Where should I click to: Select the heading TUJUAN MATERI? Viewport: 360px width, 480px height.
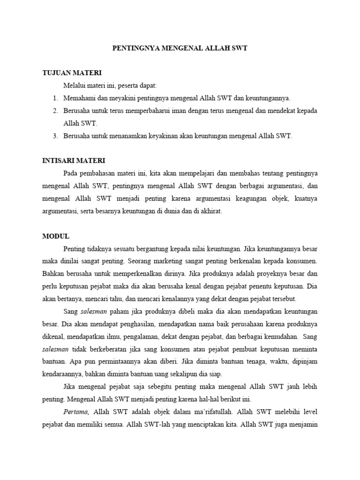coord(72,73)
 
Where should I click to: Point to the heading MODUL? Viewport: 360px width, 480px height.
coord(56,236)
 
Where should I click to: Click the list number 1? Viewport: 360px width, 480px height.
coord(54,98)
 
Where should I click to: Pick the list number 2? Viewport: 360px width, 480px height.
coord(54,111)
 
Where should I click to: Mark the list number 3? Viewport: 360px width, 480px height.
coord(54,136)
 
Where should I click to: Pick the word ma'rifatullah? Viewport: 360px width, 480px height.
coord(217,412)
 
